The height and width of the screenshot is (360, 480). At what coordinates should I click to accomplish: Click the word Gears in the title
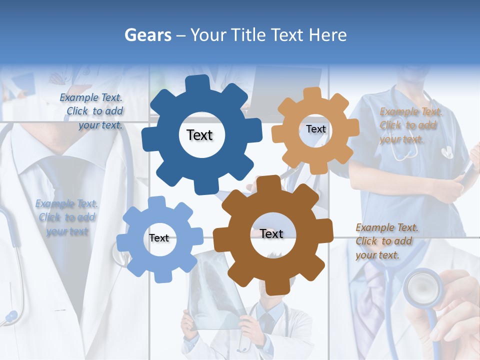point(147,35)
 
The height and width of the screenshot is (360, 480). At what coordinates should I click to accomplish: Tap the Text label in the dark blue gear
point(199,135)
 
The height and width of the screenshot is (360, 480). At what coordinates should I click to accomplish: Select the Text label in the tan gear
point(315,129)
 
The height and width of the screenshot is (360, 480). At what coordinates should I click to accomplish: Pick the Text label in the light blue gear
point(159,238)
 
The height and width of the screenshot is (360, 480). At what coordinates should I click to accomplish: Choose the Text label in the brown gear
point(271,233)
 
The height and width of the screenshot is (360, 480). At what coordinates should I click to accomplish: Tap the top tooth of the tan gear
point(312,93)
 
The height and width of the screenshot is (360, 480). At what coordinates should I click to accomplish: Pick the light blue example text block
point(66,217)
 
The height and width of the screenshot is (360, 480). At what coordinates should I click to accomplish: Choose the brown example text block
point(386,241)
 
